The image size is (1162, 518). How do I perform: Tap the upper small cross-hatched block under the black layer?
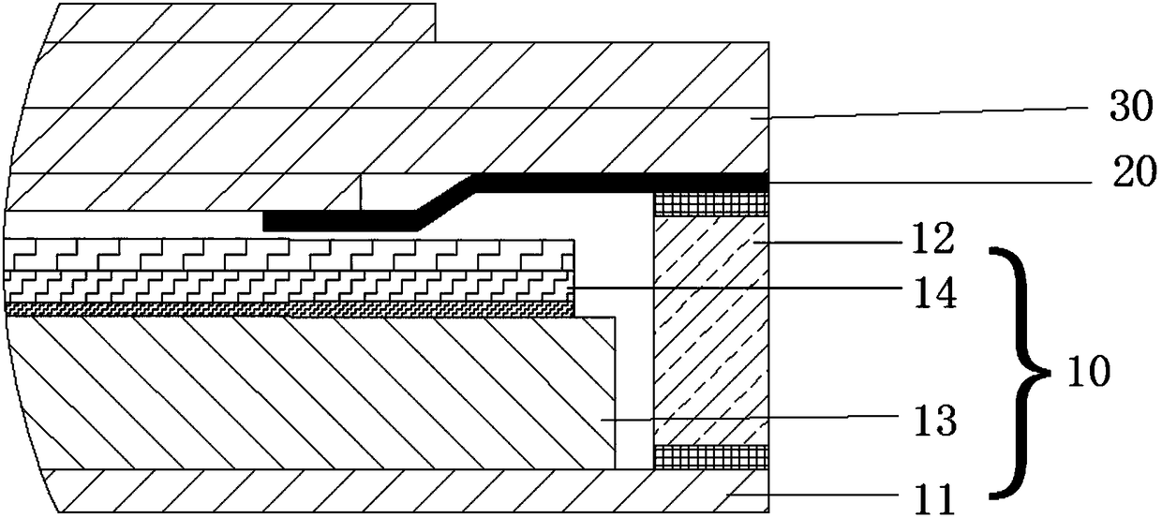click(x=710, y=202)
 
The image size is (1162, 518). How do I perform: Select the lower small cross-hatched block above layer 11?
click(x=710, y=456)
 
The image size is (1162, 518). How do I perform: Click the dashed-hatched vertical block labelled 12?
click(x=710, y=328)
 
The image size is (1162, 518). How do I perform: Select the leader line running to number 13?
click(x=750, y=421)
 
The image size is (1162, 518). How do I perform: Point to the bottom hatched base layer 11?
click(x=375, y=489)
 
